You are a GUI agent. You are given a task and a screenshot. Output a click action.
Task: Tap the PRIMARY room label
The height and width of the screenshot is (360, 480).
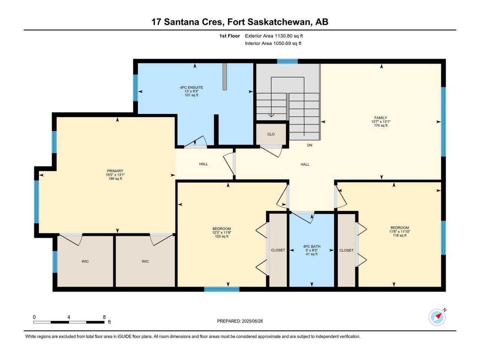pyautogui.click(x=115, y=171)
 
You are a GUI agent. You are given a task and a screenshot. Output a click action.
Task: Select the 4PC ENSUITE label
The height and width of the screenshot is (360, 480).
pyautogui.click(x=191, y=87)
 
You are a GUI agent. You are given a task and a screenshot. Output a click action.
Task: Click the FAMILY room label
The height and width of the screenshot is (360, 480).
pyautogui.click(x=381, y=118)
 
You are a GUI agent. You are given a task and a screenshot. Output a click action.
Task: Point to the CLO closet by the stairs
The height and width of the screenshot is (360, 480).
pyautogui.click(x=271, y=134)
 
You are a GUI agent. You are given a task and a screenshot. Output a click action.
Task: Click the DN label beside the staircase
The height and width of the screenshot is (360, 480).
pyautogui.click(x=309, y=145)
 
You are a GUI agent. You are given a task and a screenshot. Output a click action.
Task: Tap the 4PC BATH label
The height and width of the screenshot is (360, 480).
pyautogui.click(x=312, y=246)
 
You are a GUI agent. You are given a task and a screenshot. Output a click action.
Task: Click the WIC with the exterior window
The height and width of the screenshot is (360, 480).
pyautogui.click(x=85, y=261)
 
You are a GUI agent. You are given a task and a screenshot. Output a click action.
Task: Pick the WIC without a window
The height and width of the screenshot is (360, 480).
pyautogui.click(x=145, y=261)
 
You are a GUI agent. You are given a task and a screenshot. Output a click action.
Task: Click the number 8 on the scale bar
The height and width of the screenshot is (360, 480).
pyautogui.click(x=104, y=317)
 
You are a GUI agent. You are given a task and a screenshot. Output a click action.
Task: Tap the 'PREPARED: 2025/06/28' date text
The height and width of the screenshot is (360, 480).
pyautogui.click(x=240, y=321)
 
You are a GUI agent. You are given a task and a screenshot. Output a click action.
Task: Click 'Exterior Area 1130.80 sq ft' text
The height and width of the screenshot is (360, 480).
pyautogui.click(x=274, y=36)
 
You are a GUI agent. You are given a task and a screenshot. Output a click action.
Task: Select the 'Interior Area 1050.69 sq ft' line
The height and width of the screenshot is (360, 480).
pyautogui.click(x=273, y=43)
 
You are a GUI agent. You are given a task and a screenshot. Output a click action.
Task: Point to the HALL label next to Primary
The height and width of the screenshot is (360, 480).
pyautogui.click(x=204, y=164)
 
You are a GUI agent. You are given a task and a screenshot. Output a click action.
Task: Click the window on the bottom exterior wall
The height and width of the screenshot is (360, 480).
pyautogui.click(x=222, y=289)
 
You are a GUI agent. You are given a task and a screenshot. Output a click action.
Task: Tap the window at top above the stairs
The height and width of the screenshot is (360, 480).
pyautogui.click(x=287, y=61)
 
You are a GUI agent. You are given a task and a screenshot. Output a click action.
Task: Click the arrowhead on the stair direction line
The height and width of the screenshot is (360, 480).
pyautogui.click(x=271, y=115)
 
